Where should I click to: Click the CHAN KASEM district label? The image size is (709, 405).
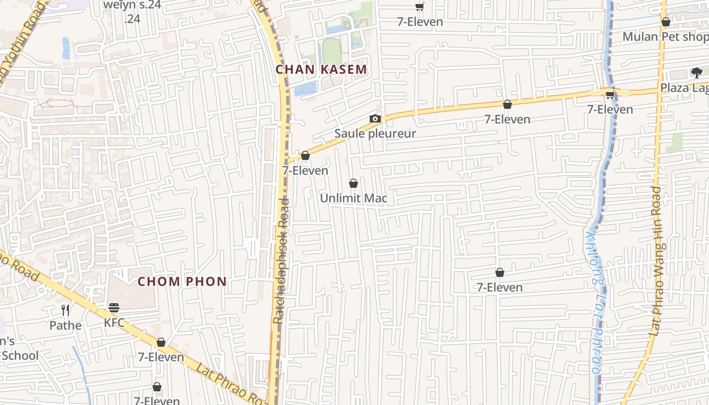click(x=321, y=69)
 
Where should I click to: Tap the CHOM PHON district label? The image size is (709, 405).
click(x=182, y=281)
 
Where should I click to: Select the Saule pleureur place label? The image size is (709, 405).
click(x=375, y=134)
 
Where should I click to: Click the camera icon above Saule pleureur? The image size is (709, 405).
click(x=375, y=119)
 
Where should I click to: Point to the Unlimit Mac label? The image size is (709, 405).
click(x=353, y=198)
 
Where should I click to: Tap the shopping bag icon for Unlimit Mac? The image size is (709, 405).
click(x=353, y=183)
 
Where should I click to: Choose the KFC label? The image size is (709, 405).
click(x=114, y=322)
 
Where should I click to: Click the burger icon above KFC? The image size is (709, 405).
click(x=114, y=308)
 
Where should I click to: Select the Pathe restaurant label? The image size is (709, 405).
click(x=65, y=325)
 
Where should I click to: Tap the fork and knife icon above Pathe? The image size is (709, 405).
click(x=65, y=310)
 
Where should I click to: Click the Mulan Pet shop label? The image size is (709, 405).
click(x=665, y=36)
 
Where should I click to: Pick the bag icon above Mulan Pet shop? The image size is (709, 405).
click(x=666, y=22)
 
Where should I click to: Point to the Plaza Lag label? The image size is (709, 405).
click(x=684, y=88)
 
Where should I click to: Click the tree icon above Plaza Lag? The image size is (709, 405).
click(x=697, y=72)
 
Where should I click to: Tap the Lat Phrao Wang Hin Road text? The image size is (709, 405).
click(x=656, y=261)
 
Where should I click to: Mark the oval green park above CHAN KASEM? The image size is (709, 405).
click(x=332, y=51)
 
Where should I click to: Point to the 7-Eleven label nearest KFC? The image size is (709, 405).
click(x=161, y=357)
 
